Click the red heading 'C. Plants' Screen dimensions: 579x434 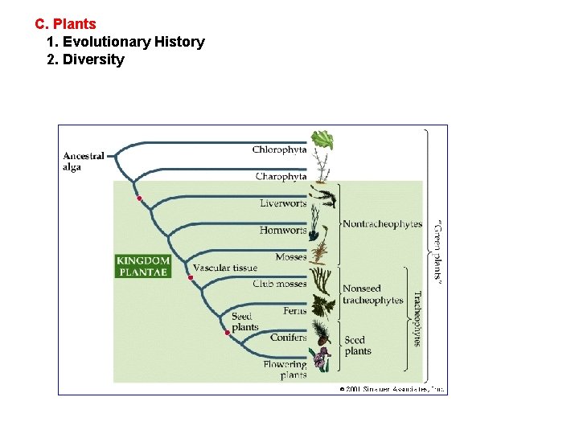(x=65, y=24)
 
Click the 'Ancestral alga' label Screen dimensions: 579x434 (x=84, y=162)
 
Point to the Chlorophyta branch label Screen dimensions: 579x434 (x=279, y=149)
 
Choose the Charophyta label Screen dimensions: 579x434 (x=281, y=177)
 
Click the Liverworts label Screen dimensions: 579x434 (x=283, y=203)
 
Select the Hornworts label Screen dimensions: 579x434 (x=283, y=230)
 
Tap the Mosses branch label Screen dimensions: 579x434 (x=290, y=257)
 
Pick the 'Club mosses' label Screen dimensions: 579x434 (x=279, y=284)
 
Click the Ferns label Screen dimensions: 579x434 (x=294, y=311)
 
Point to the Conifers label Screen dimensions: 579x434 (x=288, y=338)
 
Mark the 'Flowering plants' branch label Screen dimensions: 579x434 (x=285, y=370)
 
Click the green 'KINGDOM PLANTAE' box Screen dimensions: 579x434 (x=142, y=266)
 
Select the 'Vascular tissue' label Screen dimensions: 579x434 (x=225, y=268)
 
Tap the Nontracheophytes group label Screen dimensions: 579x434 (x=382, y=224)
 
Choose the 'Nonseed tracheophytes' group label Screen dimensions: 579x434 (x=372, y=294)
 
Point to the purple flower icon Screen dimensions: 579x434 (x=322, y=360)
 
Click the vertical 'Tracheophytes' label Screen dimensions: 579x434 (x=417, y=318)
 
